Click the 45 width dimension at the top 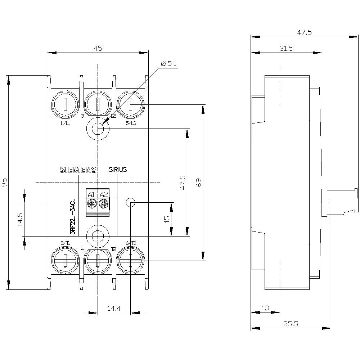coord(98,48)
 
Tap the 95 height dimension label coord(4,182)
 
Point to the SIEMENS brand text coord(78,170)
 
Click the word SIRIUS coord(118,170)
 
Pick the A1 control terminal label coord(91,195)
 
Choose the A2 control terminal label coord(104,195)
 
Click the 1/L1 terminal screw coord(65,104)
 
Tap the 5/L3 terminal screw coord(130,104)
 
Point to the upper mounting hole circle coord(98,128)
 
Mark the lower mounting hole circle coord(98,236)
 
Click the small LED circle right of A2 coord(130,203)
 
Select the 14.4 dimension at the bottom coord(113,308)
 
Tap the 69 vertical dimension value coord(198,182)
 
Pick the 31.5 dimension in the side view coord(286,48)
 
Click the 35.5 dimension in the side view coord(291,324)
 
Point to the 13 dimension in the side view coord(265,308)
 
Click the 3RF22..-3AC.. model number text coord(73,216)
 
